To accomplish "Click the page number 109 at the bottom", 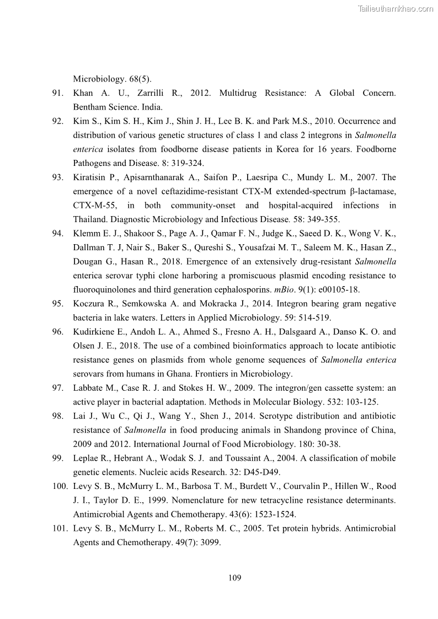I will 234,578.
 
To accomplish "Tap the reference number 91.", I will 58,93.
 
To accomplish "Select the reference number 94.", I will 58,233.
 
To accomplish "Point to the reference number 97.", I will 58,388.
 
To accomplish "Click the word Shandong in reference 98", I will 286,430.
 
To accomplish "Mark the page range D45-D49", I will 237,472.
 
